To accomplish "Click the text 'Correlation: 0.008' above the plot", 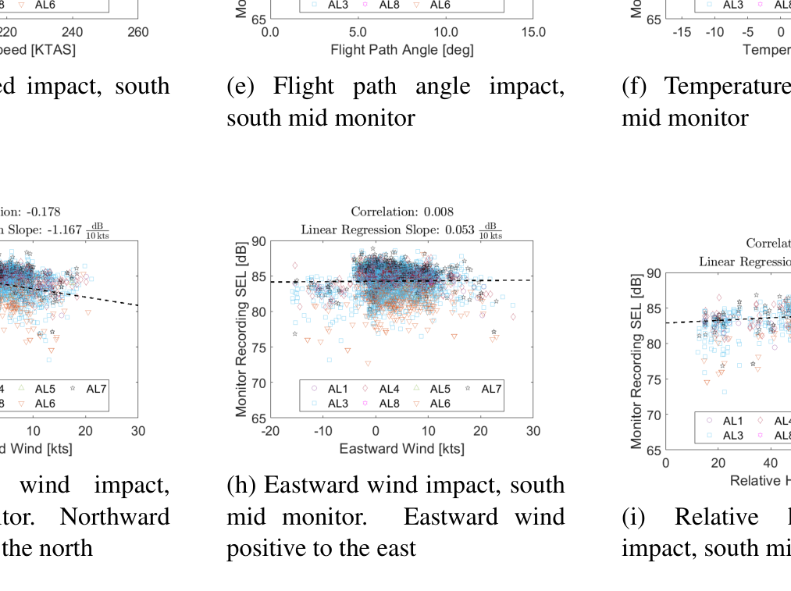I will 401,212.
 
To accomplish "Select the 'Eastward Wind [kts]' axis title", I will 401,448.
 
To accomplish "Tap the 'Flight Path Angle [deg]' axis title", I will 401,50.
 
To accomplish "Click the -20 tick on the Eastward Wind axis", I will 270,431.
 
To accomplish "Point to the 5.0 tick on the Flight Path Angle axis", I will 358,32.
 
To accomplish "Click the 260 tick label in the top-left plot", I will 138,32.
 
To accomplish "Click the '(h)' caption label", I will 241,486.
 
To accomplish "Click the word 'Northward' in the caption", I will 115,517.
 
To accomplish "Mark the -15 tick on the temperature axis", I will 682,32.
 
